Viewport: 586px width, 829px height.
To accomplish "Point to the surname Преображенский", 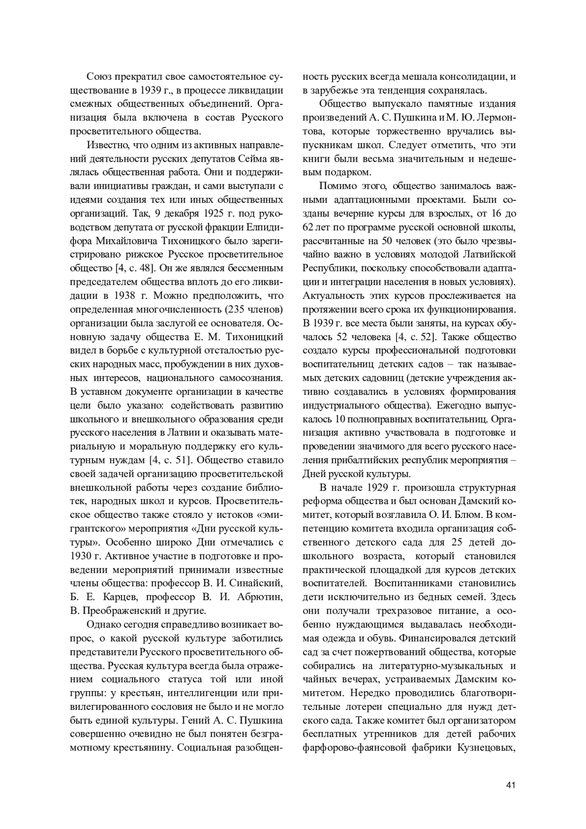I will click(x=126, y=610).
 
